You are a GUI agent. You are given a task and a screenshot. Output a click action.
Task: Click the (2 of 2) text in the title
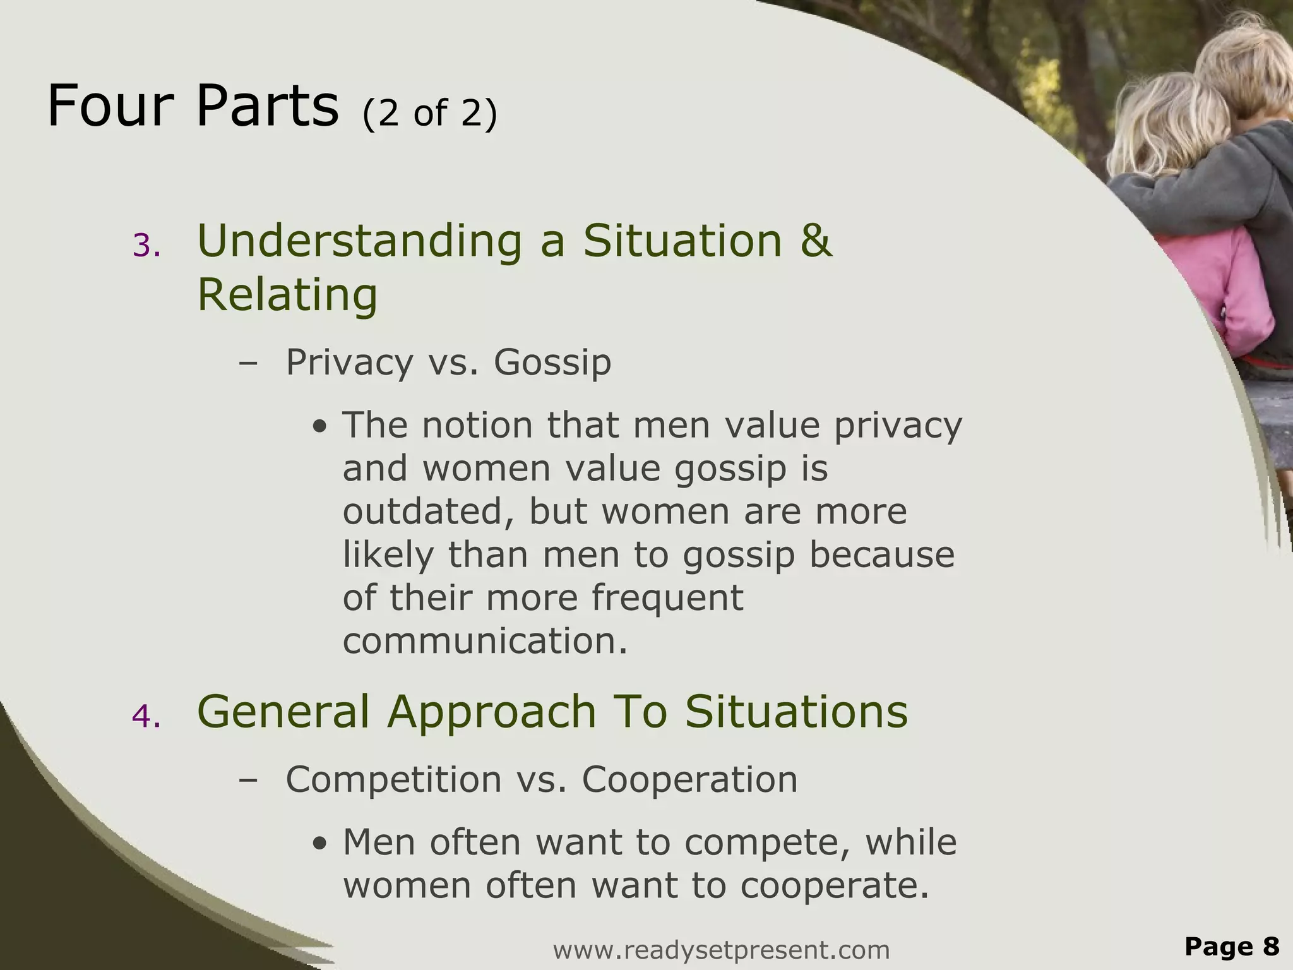pyautogui.click(x=430, y=113)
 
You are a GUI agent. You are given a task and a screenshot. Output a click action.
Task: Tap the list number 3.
pyautogui.click(x=146, y=246)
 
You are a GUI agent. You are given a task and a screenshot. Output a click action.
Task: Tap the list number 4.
pyautogui.click(x=146, y=717)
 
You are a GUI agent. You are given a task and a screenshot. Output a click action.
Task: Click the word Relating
pyautogui.click(x=287, y=294)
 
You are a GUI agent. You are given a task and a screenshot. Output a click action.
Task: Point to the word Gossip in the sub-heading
pyautogui.click(x=552, y=362)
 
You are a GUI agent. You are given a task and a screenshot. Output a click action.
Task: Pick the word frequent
pyautogui.click(x=667, y=597)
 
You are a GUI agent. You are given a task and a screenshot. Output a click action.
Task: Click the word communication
pyautogui.click(x=485, y=640)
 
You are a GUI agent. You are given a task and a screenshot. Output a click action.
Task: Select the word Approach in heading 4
pyautogui.click(x=492, y=712)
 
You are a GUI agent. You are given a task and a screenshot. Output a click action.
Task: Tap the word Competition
pyautogui.click(x=394, y=779)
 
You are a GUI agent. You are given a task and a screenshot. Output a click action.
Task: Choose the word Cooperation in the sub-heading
pyautogui.click(x=689, y=779)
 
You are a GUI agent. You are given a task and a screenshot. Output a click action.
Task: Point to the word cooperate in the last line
pyautogui.click(x=835, y=885)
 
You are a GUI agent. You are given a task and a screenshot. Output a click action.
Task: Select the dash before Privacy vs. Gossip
pyautogui.click(x=249, y=363)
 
